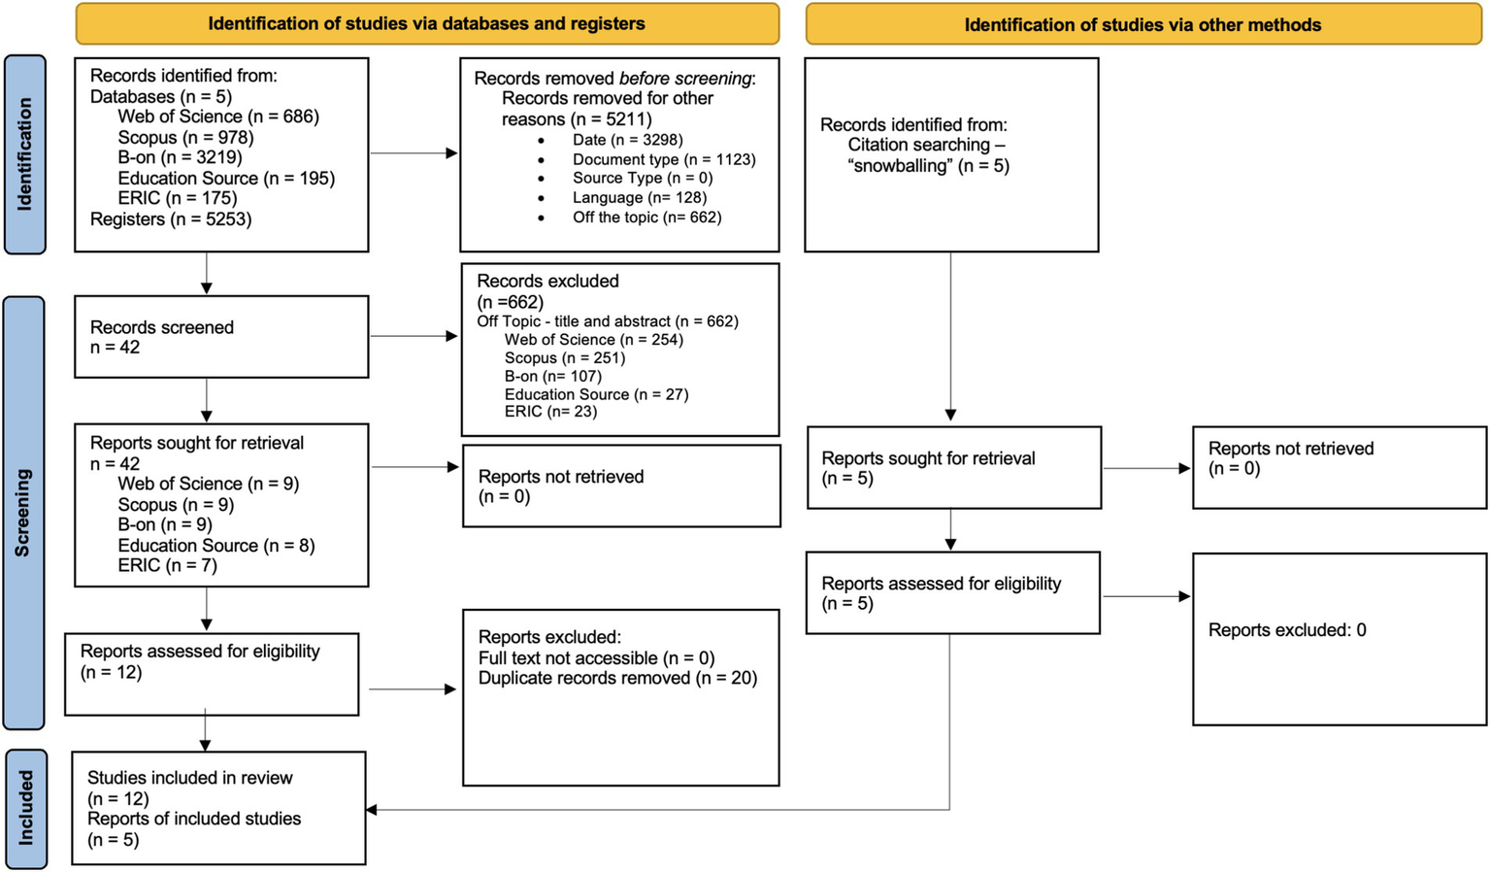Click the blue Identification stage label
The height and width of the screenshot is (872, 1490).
point(24,155)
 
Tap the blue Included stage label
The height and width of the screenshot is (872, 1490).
point(24,808)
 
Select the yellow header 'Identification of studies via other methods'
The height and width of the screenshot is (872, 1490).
point(1142,24)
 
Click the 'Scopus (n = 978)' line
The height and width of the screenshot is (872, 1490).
point(185,138)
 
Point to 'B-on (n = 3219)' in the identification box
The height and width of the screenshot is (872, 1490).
point(180,157)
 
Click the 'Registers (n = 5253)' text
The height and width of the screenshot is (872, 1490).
point(171,219)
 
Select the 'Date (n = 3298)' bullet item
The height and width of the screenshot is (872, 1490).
point(627,140)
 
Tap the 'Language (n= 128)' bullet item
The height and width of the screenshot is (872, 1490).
point(639,198)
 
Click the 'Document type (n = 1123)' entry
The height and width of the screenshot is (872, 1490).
point(663,159)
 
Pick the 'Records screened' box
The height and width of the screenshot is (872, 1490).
point(221,337)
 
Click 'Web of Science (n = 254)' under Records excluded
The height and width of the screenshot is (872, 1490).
point(593,340)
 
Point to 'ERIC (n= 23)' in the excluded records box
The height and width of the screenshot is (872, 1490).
point(550,412)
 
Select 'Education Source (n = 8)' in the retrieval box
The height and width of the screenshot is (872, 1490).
point(215,546)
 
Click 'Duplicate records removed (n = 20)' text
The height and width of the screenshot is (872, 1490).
point(617,678)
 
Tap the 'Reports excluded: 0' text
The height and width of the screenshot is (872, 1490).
point(1286,630)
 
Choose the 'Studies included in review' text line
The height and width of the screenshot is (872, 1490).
point(189,778)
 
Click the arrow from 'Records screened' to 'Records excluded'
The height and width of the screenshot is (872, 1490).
point(414,336)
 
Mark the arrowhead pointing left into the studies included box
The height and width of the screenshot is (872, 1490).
point(372,809)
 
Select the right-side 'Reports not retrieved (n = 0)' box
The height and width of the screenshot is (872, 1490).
point(1339,467)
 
